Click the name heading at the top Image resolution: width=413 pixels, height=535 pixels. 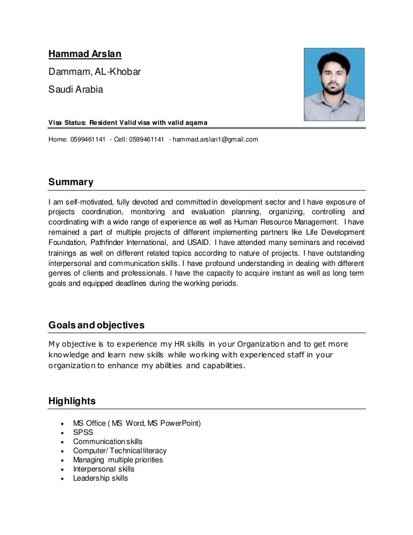click(85, 54)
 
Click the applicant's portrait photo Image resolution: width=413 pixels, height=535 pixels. click(334, 85)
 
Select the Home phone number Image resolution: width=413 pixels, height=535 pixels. click(88, 139)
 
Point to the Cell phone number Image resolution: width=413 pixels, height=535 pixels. click(146, 139)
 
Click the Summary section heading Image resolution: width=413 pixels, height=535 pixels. click(71, 182)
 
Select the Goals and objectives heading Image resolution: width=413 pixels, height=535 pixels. click(96, 326)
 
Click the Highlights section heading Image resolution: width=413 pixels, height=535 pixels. click(72, 401)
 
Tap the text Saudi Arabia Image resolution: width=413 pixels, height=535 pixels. click(76, 89)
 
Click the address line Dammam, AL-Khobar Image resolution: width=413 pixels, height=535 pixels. click(95, 72)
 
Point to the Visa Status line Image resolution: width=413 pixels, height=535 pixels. click(128, 123)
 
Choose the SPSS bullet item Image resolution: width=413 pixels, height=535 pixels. click(83, 432)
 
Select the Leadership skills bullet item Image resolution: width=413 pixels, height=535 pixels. click(101, 478)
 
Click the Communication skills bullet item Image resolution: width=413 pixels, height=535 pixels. click(108, 441)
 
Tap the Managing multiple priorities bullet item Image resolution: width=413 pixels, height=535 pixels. click(118, 460)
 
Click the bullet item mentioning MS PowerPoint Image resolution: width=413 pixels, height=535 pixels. click(137, 423)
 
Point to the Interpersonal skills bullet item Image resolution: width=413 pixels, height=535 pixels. click(104, 469)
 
